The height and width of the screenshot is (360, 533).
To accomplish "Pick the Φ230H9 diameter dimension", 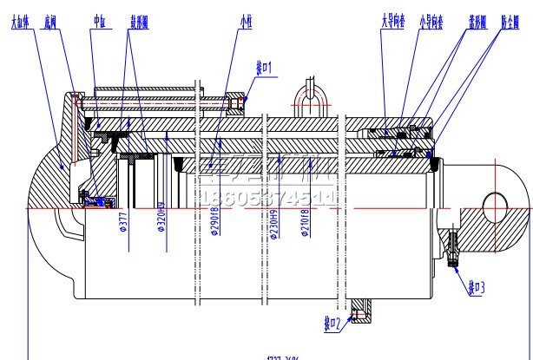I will [273, 224].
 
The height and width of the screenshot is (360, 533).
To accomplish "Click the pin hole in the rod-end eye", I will [495, 206].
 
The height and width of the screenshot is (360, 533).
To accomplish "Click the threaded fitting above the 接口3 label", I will [454, 250].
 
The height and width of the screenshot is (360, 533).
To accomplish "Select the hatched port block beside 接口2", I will [359, 311].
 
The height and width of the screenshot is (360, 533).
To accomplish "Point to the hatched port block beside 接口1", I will [239, 102].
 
